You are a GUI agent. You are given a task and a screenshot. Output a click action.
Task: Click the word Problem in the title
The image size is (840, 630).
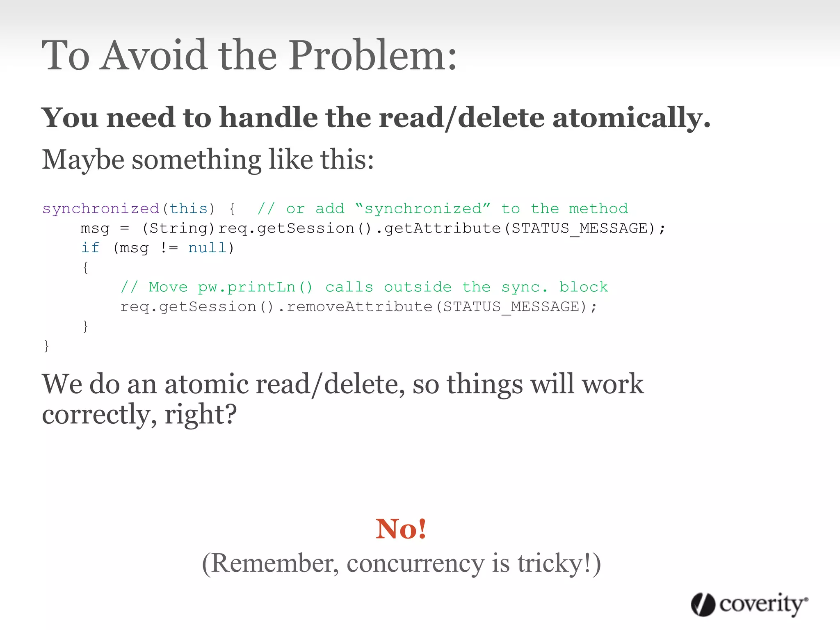[x=372, y=55]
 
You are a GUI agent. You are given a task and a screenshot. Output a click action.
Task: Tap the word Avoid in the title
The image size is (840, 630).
[x=154, y=55]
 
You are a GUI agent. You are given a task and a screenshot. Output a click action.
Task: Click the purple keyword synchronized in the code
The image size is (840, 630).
[x=101, y=209]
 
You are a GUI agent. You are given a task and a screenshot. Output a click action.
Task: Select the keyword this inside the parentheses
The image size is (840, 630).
[x=189, y=209]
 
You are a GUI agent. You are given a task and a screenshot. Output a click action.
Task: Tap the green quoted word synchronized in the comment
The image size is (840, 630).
[x=423, y=209]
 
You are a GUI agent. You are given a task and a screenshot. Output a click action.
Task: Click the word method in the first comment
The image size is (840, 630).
[x=598, y=209]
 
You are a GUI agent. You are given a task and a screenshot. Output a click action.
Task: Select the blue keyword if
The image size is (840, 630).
[x=90, y=248]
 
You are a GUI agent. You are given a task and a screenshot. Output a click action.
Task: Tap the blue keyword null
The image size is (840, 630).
[x=208, y=248]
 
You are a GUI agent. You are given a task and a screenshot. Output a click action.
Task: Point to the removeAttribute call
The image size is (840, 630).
[x=359, y=307]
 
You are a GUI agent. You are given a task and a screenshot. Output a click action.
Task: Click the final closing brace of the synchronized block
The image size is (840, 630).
[x=46, y=346]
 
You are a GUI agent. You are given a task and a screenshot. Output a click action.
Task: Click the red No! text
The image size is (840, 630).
[x=401, y=529]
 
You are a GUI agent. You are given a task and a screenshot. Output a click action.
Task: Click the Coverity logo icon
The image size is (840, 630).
[x=703, y=605]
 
